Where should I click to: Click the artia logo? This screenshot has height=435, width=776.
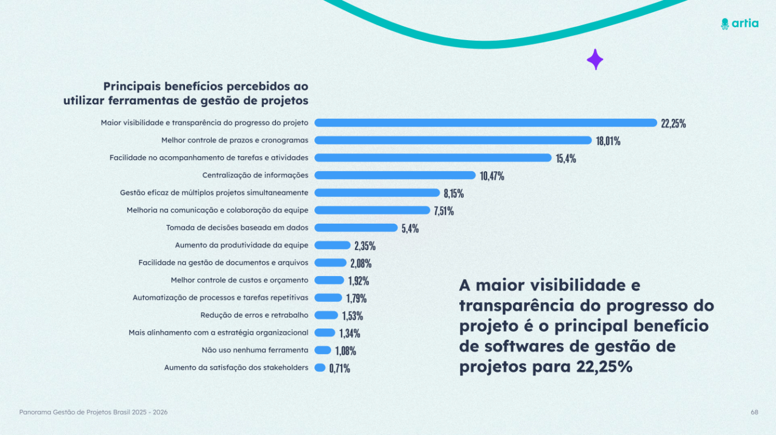click(739, 23)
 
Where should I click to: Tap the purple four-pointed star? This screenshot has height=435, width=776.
click(595, 60)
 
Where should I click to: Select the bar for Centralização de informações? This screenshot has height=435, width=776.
click(395, 175)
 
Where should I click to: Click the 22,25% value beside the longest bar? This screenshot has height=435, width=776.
click(673, 124)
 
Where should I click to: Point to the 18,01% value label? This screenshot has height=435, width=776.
click(608, 141)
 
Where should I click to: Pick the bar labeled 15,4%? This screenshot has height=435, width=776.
click(433, 158)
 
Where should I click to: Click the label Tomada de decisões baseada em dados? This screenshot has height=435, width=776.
click(237, 228)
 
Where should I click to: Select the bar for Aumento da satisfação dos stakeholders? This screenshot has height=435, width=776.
click(320, 368)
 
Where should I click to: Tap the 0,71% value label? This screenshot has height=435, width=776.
click(339, 368)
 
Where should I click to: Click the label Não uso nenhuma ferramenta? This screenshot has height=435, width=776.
click(255, 350)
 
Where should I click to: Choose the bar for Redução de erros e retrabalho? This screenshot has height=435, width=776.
click(326, 315)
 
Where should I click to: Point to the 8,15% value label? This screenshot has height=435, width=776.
click(454, 194)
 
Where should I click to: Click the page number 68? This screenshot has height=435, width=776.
click(754, 412)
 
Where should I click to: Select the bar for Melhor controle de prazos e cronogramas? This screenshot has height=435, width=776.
click(453, 140)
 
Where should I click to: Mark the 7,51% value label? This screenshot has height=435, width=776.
click(444, 211)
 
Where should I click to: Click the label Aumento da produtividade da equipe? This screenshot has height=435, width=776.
click(241, 245)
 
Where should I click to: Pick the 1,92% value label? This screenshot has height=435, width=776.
click(358, 281)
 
